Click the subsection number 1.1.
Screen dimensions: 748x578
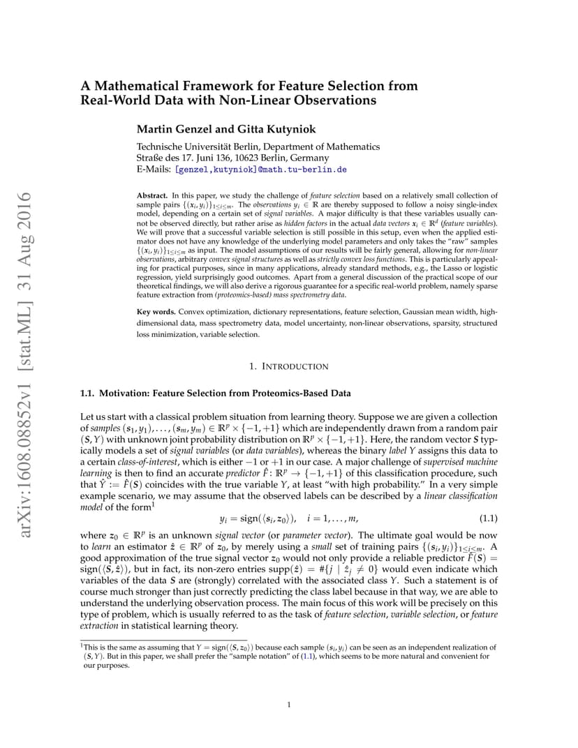[89, 394]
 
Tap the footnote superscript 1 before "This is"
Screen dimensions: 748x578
[82, 647]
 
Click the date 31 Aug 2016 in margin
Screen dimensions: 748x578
[27, 226]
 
